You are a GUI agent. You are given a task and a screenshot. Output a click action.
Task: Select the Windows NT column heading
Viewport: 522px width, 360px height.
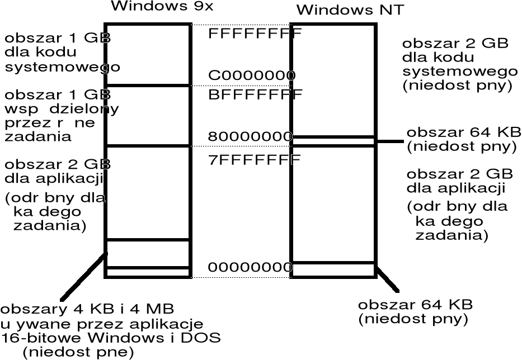pyautogui.click(x=349, y=10)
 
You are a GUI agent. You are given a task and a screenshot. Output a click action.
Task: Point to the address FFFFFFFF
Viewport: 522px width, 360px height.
pyautogui.click(x=255, y=33)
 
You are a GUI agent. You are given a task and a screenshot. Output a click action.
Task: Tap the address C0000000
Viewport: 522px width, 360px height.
pyautogui.click(x=252, y=75)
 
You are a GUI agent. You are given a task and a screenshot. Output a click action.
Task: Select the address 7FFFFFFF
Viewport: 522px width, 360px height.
pyautogui.click(x=255, y=160)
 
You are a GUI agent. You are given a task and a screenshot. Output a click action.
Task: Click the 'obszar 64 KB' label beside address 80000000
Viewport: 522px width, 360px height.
pyautogui.click(x=463, y=139)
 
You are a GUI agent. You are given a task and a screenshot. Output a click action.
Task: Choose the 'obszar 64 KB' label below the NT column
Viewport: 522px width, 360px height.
pyautogui.click(x=415, y=312)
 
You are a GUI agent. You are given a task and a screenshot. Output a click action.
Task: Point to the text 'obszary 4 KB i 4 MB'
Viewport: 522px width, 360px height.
pyautogui.click(x=87, y=309)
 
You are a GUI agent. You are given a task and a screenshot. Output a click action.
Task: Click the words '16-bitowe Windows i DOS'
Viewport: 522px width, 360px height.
pyautogui.click(x=111, y=338)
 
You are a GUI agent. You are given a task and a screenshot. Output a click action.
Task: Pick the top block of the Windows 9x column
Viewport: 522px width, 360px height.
pyautogui.click(x=148, y=55)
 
